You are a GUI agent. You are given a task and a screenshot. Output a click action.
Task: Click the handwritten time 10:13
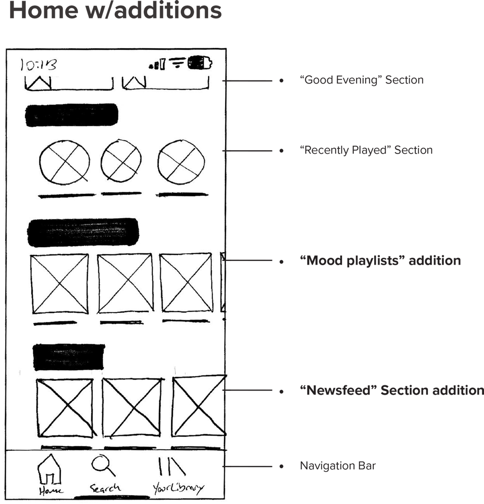[x=39, y=65]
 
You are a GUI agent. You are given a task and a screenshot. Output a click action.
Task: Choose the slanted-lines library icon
[x=171, y=466]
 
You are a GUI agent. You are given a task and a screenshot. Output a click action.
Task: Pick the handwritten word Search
[x=105, y=488]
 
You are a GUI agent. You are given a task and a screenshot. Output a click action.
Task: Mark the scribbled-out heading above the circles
[x=71, y=115]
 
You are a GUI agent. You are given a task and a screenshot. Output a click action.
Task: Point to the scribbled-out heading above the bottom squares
[x=69, y=357]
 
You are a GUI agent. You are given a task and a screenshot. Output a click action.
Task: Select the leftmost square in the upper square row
[x=60, y=284]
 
